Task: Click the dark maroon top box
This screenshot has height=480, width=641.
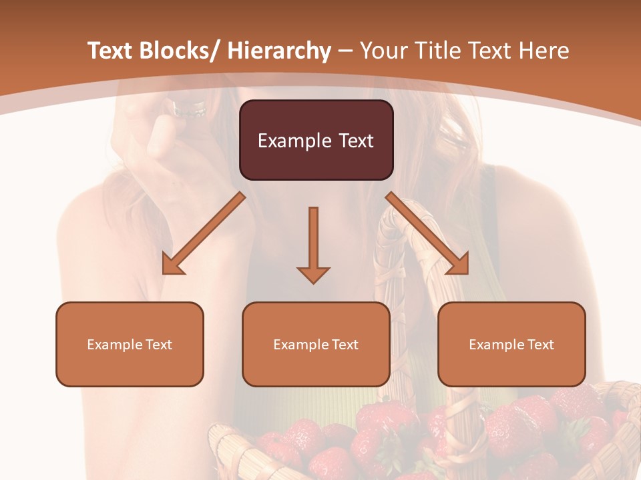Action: point(316,140)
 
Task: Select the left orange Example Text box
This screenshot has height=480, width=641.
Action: point(130,344)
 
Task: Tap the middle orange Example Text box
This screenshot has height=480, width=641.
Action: point(316,344)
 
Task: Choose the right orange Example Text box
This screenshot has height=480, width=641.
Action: point(511,344)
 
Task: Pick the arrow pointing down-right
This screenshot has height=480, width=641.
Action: point(427,233)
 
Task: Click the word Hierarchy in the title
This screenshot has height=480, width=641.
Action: point(279,51)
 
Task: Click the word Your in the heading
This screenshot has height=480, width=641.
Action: point(383,51)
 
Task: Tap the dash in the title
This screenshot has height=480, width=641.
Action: point(346,51)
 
